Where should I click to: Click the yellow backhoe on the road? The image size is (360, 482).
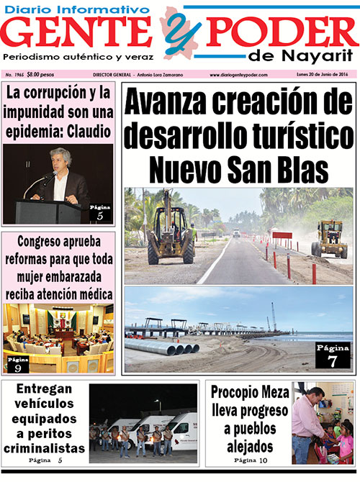[x=170, y=230]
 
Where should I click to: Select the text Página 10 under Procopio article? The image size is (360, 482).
[x=251, y=460]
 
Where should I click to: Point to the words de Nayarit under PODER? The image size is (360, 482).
[x=300, y=58]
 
